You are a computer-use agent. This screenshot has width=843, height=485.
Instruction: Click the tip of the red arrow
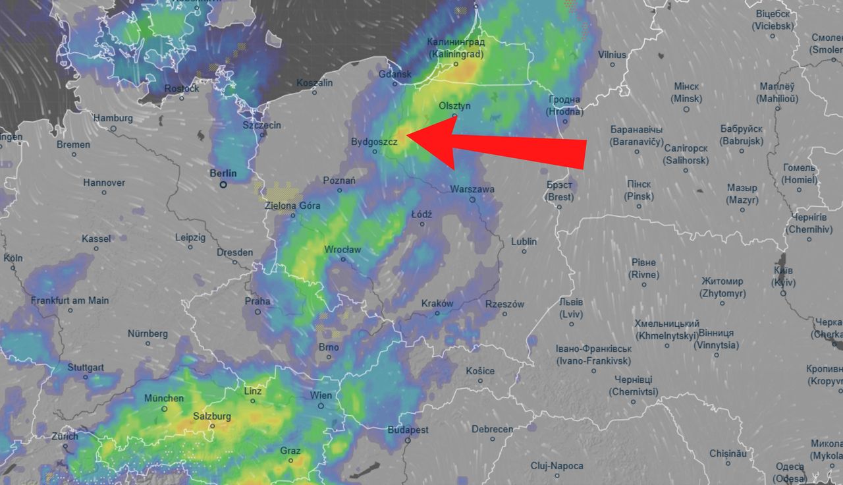[408, 136]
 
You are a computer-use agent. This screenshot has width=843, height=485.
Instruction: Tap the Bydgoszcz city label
[373, 142]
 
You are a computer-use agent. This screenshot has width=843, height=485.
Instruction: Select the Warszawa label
[472, 189]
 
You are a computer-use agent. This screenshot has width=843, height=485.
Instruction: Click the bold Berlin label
[223, 173]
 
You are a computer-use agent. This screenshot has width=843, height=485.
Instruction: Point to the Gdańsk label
[394, 74]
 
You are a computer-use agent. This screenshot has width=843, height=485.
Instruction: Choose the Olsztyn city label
[455, 105]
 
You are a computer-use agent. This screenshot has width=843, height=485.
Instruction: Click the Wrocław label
[342, 250]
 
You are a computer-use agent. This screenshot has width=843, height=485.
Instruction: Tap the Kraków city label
[437, 303]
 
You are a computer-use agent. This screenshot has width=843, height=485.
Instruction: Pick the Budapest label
[408, 430]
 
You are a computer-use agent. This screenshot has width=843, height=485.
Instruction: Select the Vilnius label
[612, 55]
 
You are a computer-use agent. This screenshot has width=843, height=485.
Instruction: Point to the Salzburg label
[212, 416]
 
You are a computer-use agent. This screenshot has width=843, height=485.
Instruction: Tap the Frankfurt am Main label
[70, 300]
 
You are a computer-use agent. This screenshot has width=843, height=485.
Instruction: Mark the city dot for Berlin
[223, 185]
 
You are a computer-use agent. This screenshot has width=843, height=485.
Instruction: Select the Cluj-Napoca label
[557, 466]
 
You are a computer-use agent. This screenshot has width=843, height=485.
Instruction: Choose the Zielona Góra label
[292, 206]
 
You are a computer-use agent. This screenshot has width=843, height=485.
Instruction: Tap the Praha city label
[258, 301]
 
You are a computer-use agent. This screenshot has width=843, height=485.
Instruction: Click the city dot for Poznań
[340, 190]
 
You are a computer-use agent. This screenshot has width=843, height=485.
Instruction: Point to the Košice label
[479, 371]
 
